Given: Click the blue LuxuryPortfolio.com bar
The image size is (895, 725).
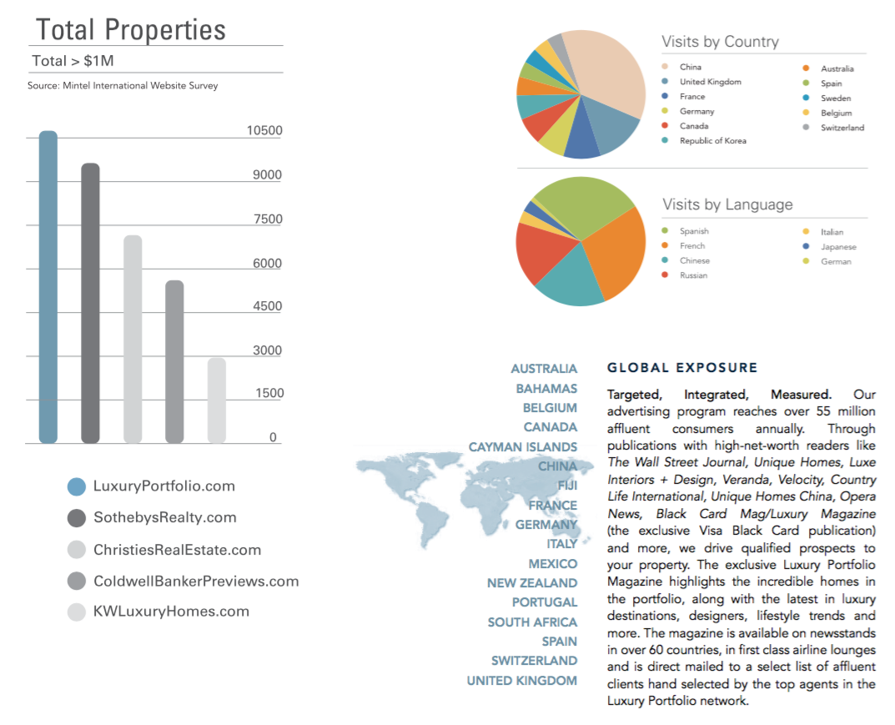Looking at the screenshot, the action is (x=48, y=287).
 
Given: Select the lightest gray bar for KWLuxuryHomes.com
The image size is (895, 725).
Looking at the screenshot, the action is (x=216, y=400).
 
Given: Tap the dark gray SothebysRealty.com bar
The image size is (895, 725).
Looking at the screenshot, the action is (x=90, y=303).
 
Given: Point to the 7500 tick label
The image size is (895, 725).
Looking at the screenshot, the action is (x=268, y=219).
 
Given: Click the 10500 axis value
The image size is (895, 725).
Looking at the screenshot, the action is (x=264, y=131).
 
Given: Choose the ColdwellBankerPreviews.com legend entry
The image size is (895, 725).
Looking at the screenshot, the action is (x=184, y=582).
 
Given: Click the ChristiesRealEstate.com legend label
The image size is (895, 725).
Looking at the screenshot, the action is (x=177, y=550).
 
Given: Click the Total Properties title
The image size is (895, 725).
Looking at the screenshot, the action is (x=131, y=30).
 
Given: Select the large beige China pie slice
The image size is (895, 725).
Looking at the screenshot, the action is (x=611, y=72).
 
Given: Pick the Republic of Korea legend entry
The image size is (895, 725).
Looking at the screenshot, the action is (x=704, y=140).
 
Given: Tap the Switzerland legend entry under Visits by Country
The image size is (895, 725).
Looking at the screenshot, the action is (x=833, y=128).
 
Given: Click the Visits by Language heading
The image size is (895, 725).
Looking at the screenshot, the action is (x=727, y=204).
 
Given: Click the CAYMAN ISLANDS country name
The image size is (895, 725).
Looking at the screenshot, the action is (x=523, y=447).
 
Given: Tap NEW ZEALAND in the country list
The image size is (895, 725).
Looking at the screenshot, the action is (x=532, y=583).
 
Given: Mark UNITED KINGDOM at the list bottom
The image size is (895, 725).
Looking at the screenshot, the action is (x=521, y=681).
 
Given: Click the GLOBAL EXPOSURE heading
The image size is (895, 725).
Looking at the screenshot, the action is (x=682, y=368).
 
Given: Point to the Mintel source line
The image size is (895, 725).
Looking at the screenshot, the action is (x=123, y=86).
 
